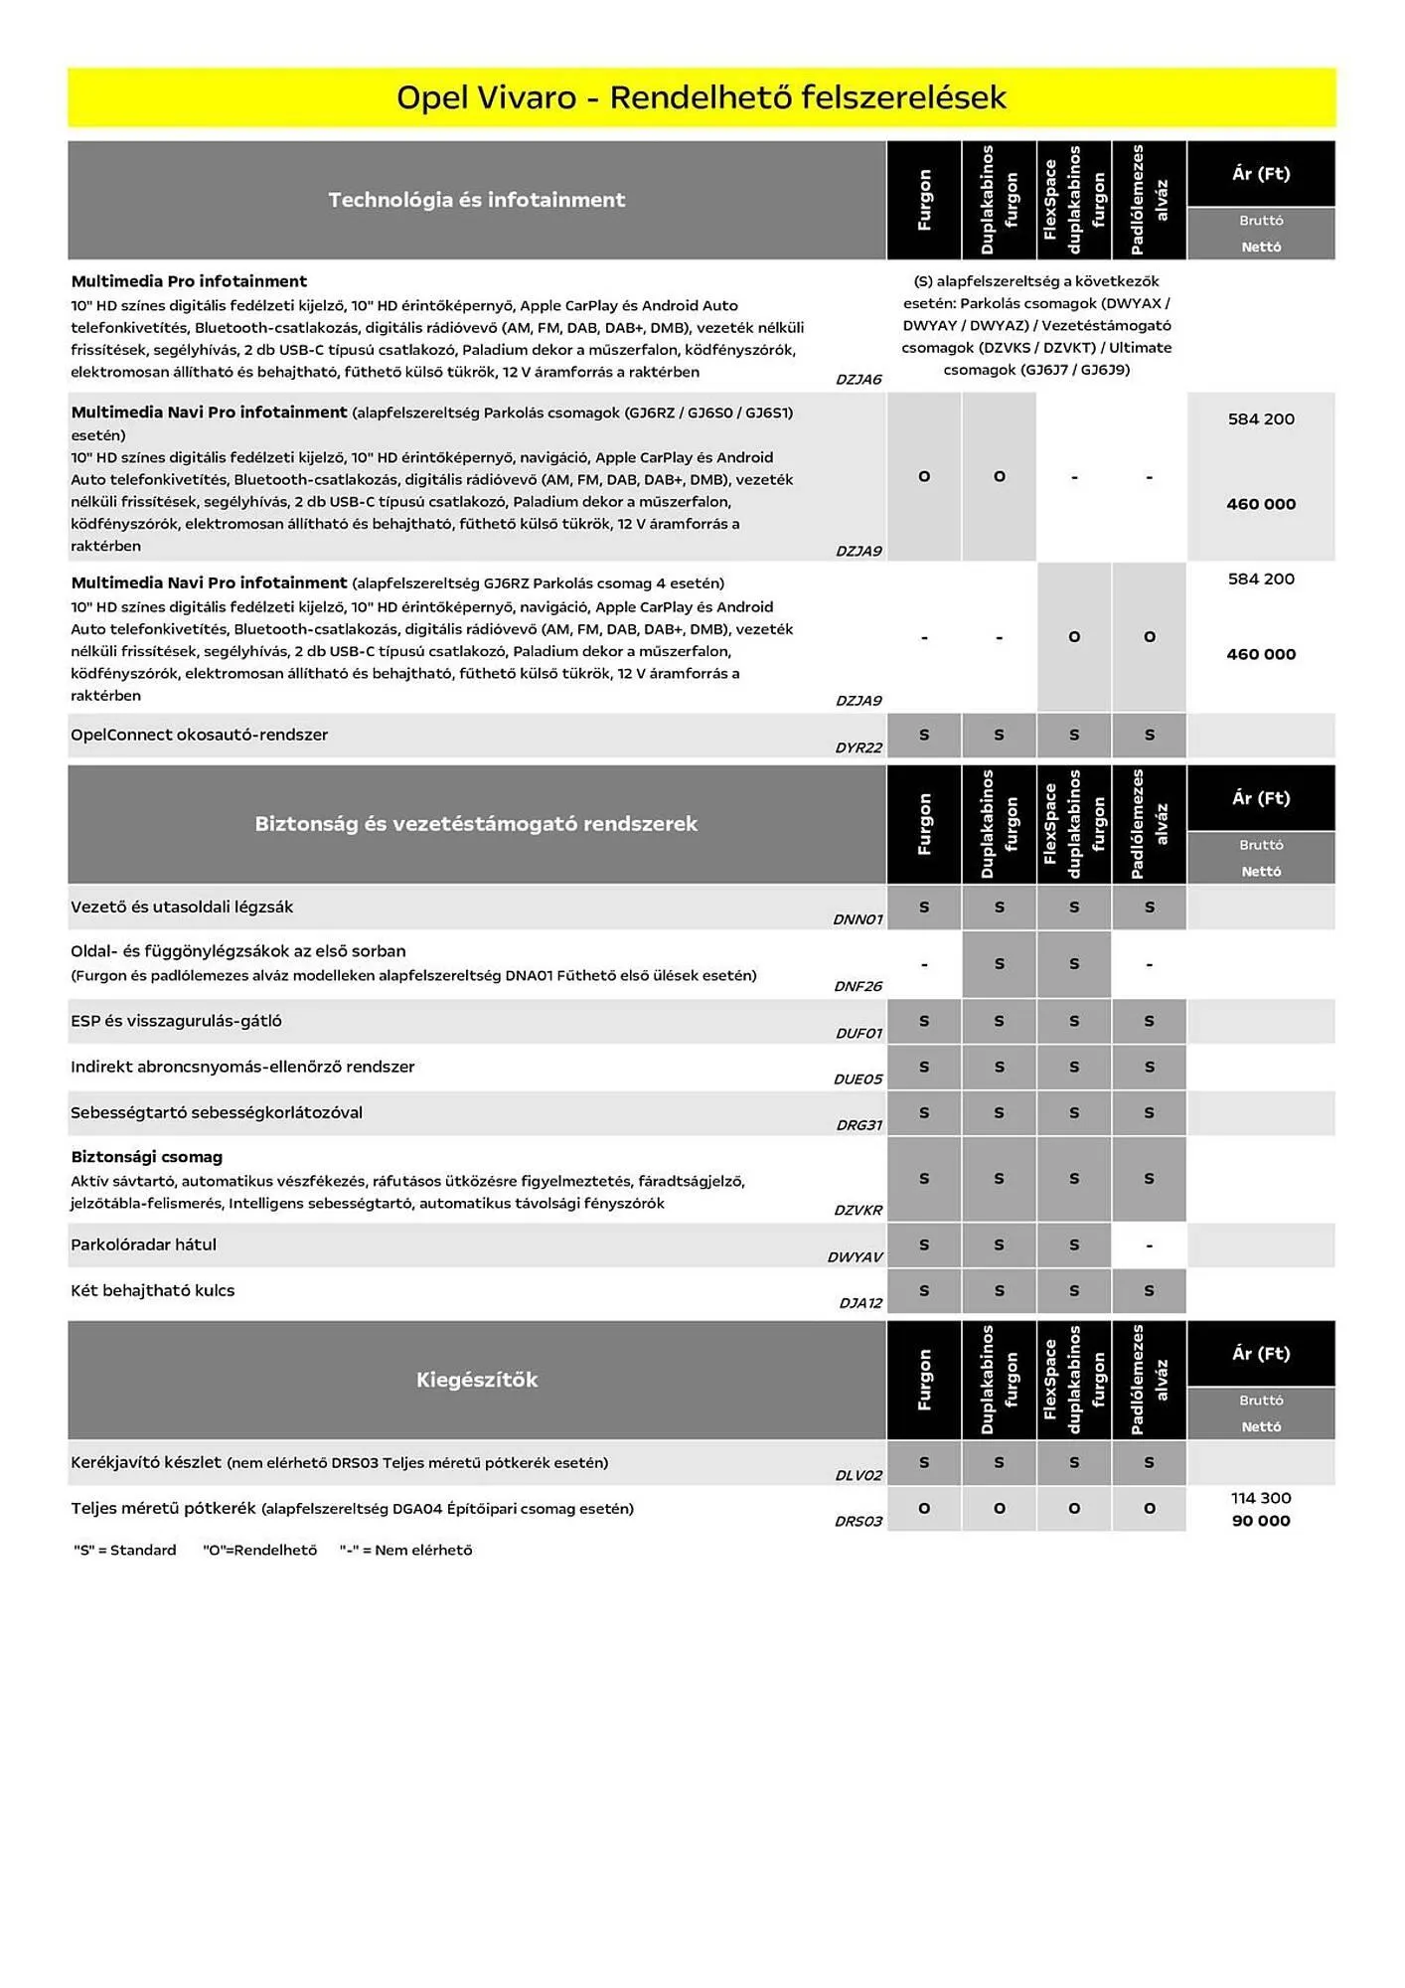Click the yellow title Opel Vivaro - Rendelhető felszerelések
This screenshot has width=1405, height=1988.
[x=701, y=97]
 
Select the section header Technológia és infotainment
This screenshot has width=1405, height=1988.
[x=476, y=200]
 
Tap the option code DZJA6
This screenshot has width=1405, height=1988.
[x=859, y=380]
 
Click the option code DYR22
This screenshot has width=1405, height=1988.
[x=859, y=747]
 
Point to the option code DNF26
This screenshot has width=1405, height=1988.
[x=858, y=986]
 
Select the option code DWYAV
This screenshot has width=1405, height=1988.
[x=855, y=1257]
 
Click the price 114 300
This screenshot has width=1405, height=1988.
[x=1260, y=1498]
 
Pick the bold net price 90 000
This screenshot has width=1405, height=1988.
[x=1260, y=1521]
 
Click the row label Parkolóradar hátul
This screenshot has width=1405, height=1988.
[x=143, y=1244]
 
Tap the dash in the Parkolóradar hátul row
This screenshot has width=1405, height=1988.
[x=1149, y=1245]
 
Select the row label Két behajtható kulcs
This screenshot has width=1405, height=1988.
[x=152, y=1290]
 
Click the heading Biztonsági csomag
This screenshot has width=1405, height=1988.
[x=146, y=1157]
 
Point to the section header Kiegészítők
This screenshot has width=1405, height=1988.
[x=476, y=1380]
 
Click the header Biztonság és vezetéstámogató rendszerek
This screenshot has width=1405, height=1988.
[x=476, y=824]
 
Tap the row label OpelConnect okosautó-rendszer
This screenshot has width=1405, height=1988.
[x=199, y=735]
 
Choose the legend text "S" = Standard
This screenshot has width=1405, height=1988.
[x=125, y=1550]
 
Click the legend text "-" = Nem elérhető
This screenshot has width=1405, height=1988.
[x=405, y=1550]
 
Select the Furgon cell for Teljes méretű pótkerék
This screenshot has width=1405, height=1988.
[x=924, y=1509]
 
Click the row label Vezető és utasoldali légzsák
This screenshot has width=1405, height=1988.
[x=181, y=907]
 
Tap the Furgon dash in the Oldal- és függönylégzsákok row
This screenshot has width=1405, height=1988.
[x=924, y=964]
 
